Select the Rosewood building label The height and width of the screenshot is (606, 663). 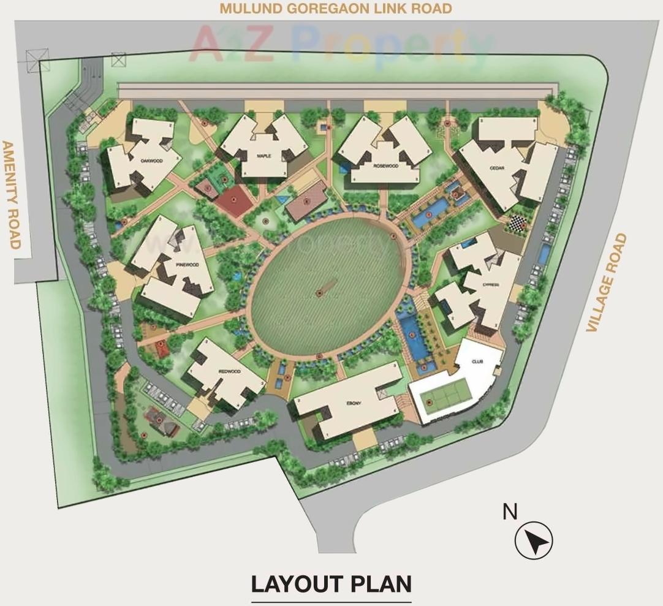(x=387, y=166)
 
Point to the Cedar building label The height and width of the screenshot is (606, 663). (x=497, y=169)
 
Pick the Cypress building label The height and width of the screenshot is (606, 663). (x=490, y=285)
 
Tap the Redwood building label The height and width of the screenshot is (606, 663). (x=230, y=371)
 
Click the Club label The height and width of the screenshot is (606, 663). (x=477, y=362)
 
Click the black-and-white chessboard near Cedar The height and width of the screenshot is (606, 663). (x=517, y=224)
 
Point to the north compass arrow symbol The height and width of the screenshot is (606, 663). (x=534, y=540)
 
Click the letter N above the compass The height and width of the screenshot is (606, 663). (x=510, y=512)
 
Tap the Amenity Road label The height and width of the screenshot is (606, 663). (x=10, y=195)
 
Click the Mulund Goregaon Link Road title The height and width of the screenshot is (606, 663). (x=336, y=9)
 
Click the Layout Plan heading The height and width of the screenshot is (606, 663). (x=331, y=584)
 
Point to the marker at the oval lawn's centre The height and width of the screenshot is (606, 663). (x=320, y=294)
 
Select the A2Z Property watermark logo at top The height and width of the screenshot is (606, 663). (x=341, y=44)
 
